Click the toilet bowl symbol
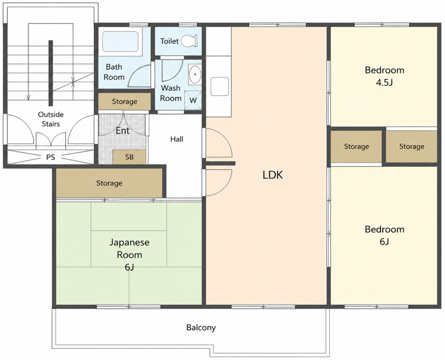189,41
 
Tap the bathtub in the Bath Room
121,42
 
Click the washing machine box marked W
193,100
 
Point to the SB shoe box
129,157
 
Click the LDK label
273,175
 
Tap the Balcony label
201,328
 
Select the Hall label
176,139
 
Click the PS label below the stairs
50,157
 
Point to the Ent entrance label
123,131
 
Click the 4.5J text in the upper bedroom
384,82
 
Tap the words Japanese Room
129,248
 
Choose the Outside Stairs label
51,119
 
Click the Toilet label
169,41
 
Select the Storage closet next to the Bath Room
124,101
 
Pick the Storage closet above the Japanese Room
109,183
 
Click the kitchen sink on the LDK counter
219,87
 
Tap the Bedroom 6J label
384,235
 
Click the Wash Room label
171,93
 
